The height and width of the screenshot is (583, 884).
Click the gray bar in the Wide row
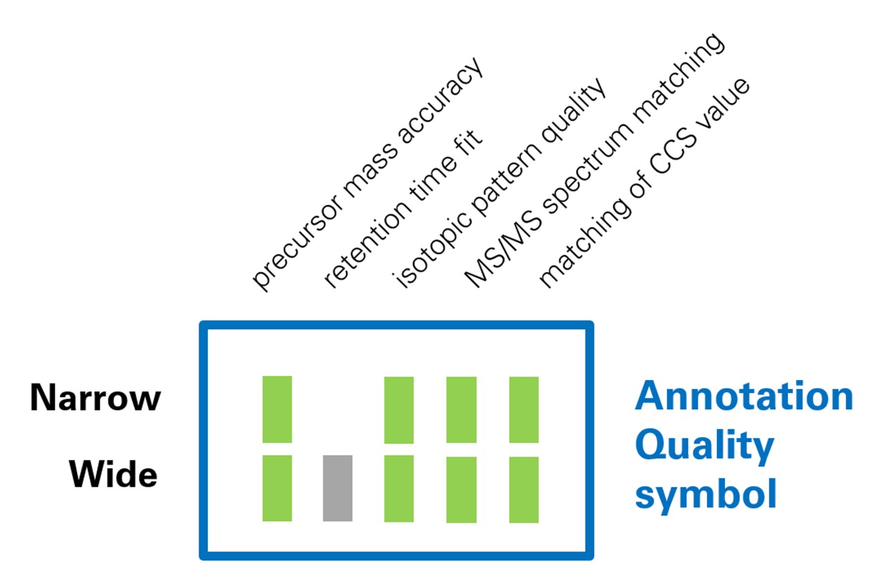[338, 488]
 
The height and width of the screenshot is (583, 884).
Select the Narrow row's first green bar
[277, 409]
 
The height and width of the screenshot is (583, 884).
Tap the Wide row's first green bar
[277, 488]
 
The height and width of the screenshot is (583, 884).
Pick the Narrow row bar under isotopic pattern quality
[398, 410]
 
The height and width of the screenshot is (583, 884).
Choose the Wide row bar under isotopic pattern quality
[398, 489]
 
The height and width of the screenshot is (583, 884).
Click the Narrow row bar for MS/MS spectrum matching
[461, 410]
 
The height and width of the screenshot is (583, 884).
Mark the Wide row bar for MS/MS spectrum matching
[461, 490]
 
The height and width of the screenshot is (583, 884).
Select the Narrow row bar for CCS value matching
[523, 410]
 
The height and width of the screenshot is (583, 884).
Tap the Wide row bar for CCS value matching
[523, 490]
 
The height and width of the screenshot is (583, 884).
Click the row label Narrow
[95, 399]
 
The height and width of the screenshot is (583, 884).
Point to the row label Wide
[113, 475]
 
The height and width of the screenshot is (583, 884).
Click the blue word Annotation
[744, 396]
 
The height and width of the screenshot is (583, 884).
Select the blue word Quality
[704, 447]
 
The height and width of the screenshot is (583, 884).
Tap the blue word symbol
[706, 495]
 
